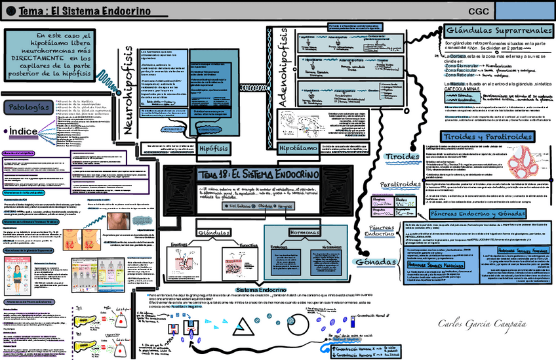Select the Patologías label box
coord(26,107)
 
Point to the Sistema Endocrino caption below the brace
coord(257,289)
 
